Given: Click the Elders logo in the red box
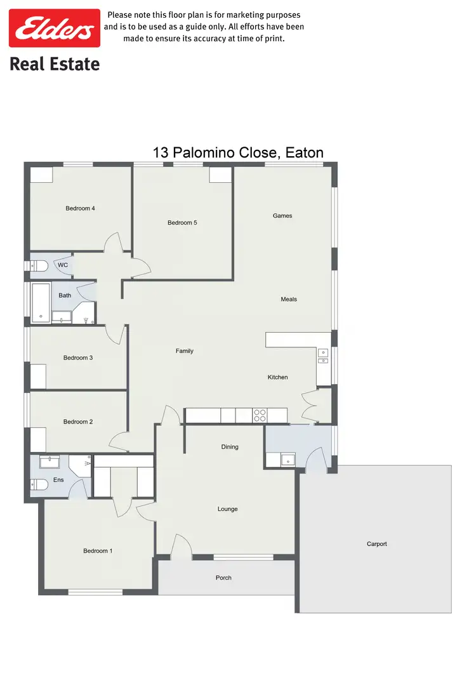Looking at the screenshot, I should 54,29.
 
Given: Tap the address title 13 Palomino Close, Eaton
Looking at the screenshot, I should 238,152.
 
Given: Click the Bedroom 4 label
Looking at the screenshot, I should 80,208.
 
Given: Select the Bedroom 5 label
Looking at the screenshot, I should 182,223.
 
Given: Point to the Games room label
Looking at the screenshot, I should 282,216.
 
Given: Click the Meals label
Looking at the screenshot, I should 289,299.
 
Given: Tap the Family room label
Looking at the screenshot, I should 185,351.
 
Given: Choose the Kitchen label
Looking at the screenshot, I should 277,377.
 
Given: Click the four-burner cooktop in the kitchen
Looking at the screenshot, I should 260,415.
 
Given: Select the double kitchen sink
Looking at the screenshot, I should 323,356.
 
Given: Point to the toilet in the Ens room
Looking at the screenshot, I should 39,485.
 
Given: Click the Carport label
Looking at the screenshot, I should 376,544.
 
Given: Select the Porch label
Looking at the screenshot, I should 223,578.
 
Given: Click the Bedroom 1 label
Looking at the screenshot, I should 98,551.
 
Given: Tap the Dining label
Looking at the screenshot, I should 230,447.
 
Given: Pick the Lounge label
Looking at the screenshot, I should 228,509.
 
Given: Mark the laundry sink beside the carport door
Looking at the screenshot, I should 286,458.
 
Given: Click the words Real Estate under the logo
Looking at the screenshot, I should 54,64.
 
